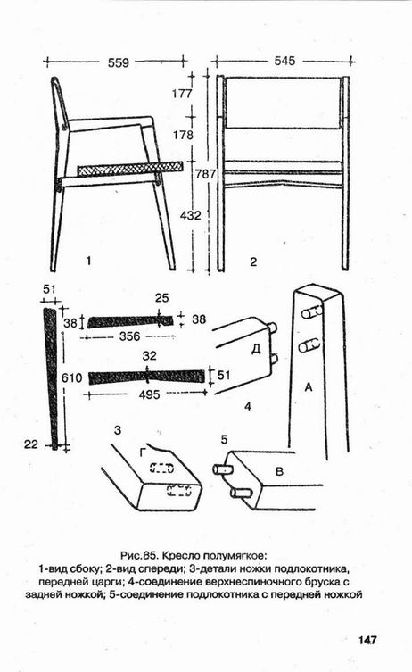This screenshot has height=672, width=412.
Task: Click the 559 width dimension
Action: (119, 62)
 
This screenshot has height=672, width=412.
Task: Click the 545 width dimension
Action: (284, 61)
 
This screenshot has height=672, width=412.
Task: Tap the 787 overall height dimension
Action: (206, 174)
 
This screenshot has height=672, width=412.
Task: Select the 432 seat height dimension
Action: (191, 215)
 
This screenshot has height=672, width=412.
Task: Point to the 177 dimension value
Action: (183, 93)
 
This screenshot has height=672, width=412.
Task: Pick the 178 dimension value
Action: (184, 135)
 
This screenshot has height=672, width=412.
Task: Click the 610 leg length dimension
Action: (71, 378)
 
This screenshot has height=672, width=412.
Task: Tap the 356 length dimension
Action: (129, 336)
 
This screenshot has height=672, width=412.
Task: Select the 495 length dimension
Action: (149, 394)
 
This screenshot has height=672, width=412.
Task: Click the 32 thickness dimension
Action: (150, 356)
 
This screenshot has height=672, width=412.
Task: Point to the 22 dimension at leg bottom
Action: (31, 444)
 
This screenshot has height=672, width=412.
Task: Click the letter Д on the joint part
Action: (256, 350)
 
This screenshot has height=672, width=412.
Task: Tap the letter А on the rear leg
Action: (309, 387)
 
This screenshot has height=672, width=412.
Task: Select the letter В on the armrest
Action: (279, 472)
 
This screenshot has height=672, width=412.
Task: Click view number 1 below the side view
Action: (88, 261)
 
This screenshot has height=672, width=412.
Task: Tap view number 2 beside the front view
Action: (253, 261)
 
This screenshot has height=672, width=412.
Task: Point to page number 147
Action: (367, 640)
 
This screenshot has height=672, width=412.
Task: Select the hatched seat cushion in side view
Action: (129, 169)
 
